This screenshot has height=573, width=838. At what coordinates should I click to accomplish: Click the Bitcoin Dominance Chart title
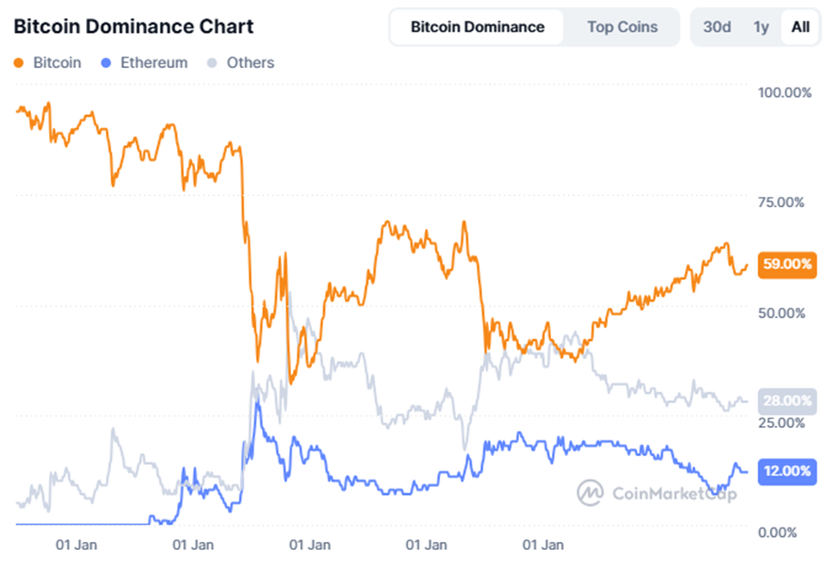133,27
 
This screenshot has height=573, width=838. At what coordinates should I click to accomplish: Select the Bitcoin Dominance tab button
477,27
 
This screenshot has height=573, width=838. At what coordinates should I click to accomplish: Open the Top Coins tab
622,27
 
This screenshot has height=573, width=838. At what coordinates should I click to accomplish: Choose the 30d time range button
717,27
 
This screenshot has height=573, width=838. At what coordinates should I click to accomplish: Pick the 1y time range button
761,27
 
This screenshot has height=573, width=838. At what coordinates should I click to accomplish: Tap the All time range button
800,27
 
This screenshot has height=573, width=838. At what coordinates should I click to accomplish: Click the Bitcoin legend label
57,63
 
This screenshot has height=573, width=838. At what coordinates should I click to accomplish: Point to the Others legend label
250,63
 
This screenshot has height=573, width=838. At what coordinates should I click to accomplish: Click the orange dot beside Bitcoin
20,63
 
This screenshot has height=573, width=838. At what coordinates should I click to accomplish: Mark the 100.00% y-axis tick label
786,93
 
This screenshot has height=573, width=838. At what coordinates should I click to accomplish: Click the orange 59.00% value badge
786,265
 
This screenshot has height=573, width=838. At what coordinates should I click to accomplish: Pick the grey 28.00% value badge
786,401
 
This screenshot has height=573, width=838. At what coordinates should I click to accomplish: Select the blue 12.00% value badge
786,472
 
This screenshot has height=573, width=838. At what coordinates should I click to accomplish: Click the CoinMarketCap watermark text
674,493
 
